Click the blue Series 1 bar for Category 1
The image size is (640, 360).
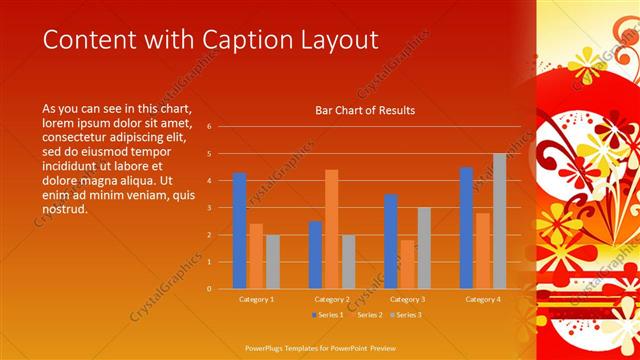tap(240, 231)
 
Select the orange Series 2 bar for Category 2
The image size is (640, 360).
tap(332, 229)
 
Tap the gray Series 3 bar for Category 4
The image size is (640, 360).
tap(499, 221)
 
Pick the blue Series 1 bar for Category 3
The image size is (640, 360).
tap(391, 241)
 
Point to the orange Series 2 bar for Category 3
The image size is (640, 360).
tap(407, 264)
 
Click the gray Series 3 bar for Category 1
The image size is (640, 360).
tap(273, 262)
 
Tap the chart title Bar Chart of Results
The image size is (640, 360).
tap(365, 110)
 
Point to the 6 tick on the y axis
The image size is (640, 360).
tap(210, 127)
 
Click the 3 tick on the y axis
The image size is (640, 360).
tap(210, 208)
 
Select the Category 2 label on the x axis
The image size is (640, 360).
tap(332, 300)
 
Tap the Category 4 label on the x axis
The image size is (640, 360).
tap(483, 300)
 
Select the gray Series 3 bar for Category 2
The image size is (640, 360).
tap(349, 262)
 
